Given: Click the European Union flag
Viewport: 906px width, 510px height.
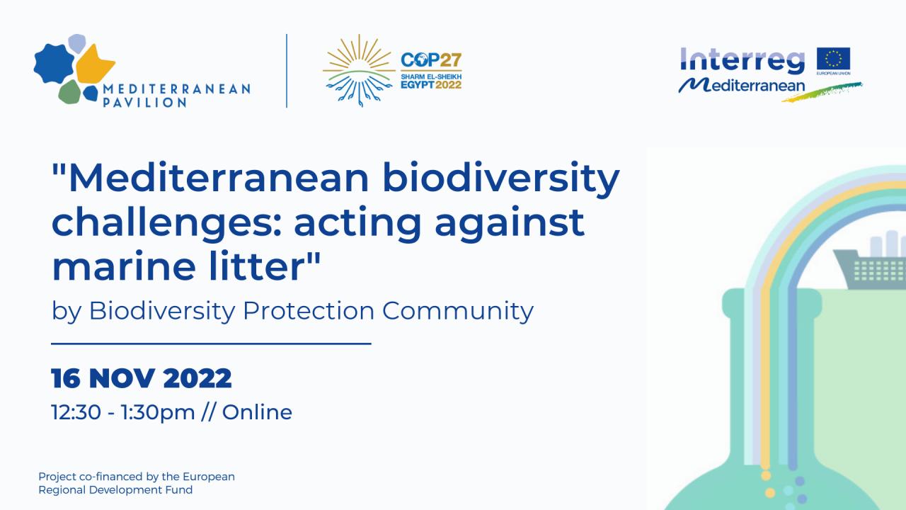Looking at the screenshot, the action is click(833, 59).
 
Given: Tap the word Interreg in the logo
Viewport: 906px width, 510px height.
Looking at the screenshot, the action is click(742, 61).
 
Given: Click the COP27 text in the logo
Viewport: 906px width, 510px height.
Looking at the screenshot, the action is click(431, 60).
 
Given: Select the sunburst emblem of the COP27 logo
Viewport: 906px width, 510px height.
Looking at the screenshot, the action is click(359, 71).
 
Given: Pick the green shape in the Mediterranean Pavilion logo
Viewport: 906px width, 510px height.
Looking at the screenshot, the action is click(70, 92).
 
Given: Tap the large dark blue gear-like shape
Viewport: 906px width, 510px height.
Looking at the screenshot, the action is click(54, 63).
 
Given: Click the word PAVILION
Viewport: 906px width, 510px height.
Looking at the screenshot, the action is click(144, 103).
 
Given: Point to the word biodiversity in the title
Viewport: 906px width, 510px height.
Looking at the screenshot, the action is click(500, 178).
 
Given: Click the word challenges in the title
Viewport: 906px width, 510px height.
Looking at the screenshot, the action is click(166, 223).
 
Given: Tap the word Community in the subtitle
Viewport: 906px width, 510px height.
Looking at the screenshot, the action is click(458, 312).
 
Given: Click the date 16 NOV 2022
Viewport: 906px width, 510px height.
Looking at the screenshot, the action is click(141, 378).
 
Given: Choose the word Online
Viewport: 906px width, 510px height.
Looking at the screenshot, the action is click(257, 412).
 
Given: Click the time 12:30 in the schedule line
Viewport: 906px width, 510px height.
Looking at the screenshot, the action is click(76, 412).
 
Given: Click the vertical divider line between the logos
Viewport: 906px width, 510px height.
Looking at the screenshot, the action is click(287, 71).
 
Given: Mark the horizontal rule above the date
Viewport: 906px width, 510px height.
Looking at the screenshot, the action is click(211, 344).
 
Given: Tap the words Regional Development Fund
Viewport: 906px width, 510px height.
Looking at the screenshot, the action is click(115, 490).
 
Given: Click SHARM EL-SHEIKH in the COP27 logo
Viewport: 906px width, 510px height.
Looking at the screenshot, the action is click(431, 76).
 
